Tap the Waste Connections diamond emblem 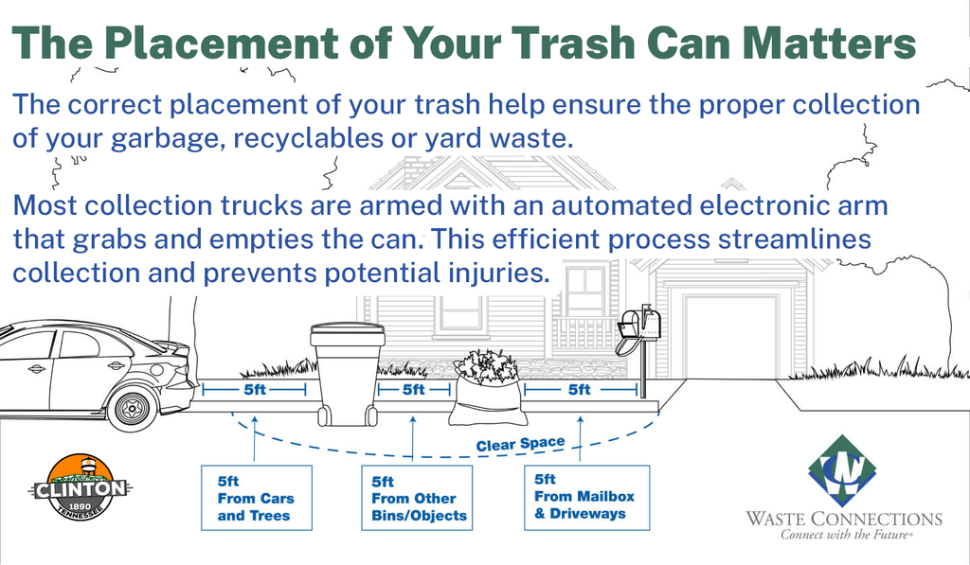843,470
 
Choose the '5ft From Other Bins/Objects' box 414,499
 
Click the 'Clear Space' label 520,443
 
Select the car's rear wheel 132,407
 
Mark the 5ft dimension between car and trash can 255,389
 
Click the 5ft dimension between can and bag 413,389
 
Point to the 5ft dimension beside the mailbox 579,389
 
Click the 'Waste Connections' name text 843,519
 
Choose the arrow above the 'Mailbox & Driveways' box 579,437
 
